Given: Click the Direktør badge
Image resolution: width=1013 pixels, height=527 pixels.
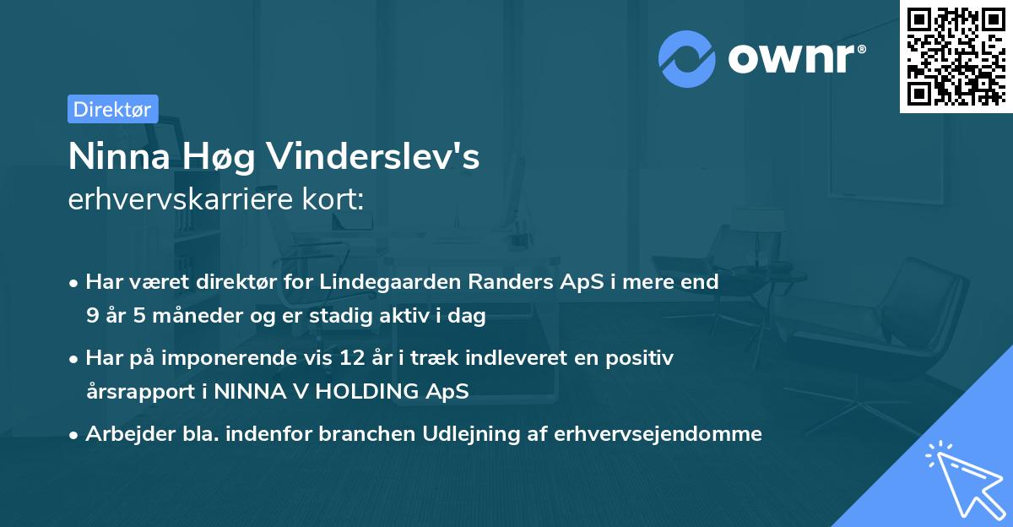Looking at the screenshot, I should (112, 109).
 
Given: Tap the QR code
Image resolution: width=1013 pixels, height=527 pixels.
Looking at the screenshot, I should (956, 56).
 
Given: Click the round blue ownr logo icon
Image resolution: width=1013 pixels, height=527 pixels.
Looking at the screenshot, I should (687, 58).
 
